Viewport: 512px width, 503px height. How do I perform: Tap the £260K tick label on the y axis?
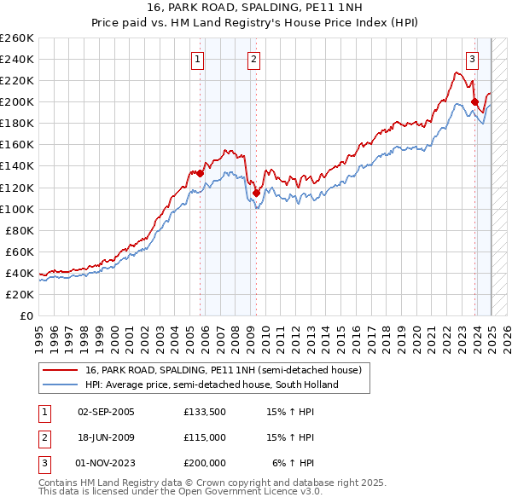pyautogui.click(x=17, y=38)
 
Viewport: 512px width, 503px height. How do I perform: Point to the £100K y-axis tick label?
pyautogui.click(x=17, y=209)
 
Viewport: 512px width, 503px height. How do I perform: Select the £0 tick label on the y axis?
pyautogui.click(x=26, y=315)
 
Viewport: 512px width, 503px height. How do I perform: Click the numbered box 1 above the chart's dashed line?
pyautogui.click(x=198, y=59)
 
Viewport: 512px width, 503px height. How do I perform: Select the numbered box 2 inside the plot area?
pyautogui.click(x=254, y=59)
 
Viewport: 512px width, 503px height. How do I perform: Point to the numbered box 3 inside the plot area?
pyautogui.click(x=472, y=59)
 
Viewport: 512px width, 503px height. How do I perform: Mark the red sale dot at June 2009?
pyautogui.click(x=256, y=193)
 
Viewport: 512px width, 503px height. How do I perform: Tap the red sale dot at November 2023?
pyautogui.click(x=474, y=102)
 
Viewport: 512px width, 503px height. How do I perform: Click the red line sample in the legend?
pyautogui.click(x=60, y=371)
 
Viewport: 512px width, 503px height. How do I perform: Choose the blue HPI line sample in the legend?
pyautogui.click(x=60, y=384)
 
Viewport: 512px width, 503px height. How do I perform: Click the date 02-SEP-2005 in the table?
pyautogui.click(x=106, y=412)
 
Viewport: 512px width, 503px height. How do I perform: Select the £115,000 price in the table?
pyautogui.click(x=205, y=437)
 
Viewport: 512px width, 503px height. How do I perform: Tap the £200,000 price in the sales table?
pyautogui.click(x=205, y=463)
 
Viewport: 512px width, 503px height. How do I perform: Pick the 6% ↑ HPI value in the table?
pyautogui.click(x=294, y=463)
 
